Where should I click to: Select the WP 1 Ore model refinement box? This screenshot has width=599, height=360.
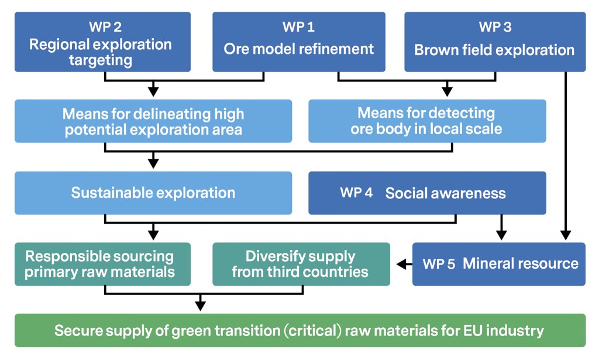298,42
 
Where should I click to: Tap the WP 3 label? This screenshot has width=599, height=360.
495,28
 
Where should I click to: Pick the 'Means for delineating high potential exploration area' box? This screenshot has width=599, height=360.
153,121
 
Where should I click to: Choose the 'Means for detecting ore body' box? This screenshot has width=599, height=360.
427,121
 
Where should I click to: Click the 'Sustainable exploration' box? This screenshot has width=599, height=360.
153,193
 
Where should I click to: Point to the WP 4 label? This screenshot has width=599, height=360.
356,193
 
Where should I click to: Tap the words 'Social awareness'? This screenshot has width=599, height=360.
445,193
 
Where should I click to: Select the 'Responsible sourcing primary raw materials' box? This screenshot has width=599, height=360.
102,264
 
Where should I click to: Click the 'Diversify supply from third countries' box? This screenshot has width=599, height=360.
301,264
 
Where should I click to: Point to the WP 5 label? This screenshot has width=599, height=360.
439,263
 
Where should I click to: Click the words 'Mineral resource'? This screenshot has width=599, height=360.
521,263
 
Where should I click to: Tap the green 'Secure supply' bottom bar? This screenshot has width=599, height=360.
299,330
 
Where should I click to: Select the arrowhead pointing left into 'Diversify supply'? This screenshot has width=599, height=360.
401,265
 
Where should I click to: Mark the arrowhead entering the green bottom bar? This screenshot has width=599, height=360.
201,306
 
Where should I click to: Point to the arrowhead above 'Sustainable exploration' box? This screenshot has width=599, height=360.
153,163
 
